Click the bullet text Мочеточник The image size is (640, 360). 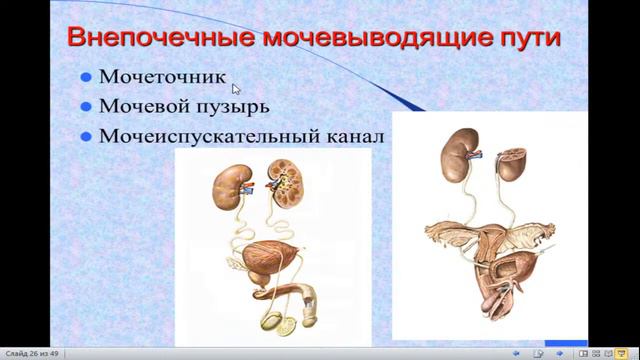(163, 76)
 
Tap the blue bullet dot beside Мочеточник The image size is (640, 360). (87, 76)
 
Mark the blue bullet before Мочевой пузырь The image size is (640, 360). (87, 106)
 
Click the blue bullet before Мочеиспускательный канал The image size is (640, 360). (87, 135)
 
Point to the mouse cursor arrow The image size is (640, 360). (236, 88)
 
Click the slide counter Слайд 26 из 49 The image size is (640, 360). (31, 353)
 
